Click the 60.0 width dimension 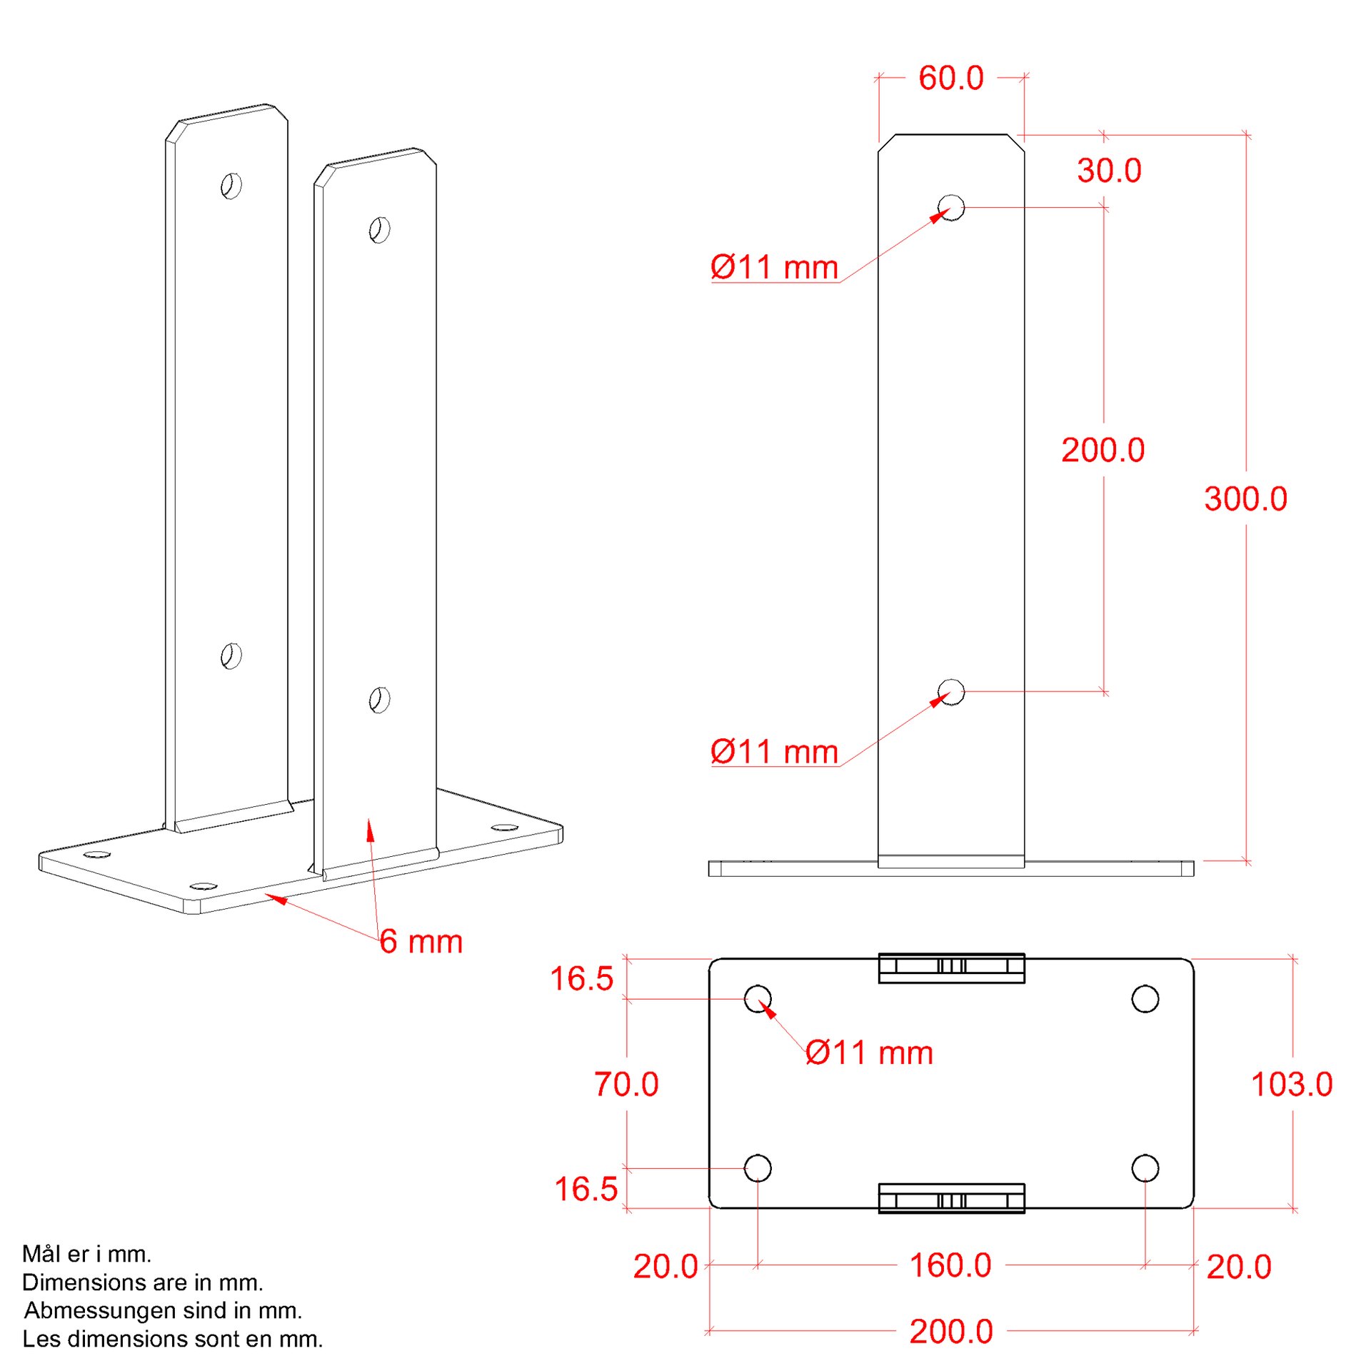pyautogui.click(x=950, y=78)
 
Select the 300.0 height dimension pyautogui.click(x=1245, y=498)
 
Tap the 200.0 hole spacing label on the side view pyautogui.click(x=1103, y=450)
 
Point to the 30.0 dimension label pyautogui.click(x=1109, y=171)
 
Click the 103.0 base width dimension pyautogui.click(x=1292, y=1084)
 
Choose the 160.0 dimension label pyautogui.click(x=950, y=1265)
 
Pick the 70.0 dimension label pyautogui.click(x=626, y=1084)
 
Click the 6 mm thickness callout pyautogui.click(x=421, y=941)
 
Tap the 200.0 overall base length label pyautogui.click(x=951, y=1331)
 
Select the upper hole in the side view pyautogui.click(x=950, y=208)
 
